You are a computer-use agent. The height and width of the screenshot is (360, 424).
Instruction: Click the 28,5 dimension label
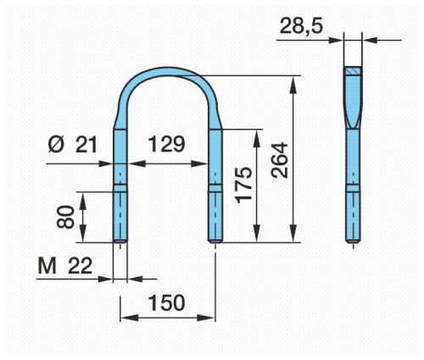(x=301, y=26)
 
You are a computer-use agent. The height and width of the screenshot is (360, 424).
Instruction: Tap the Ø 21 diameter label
(x=73, y=145)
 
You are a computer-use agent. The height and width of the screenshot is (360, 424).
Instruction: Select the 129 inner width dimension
(x=167, y=144)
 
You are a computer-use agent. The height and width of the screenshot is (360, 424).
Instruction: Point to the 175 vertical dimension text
(x=244, y=185)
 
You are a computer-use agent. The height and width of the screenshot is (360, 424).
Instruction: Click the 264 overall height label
(x=279, y=160)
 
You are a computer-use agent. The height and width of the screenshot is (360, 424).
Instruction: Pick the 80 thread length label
(x=65, y=217)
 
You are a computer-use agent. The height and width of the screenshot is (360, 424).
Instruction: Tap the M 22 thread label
(x=65, y=266)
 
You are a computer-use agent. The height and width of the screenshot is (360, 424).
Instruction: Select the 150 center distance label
(x=167, y=302)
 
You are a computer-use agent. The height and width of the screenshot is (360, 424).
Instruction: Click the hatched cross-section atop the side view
(x=353, y=71)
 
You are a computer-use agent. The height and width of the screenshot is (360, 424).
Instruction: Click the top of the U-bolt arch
(x=167, y=71)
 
